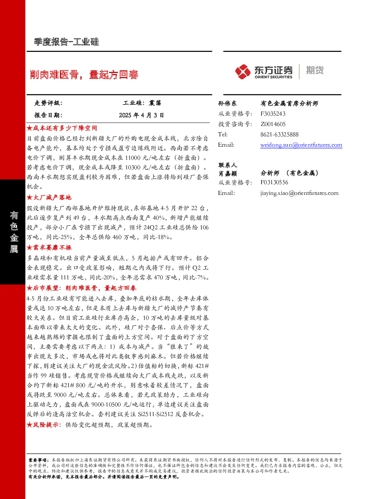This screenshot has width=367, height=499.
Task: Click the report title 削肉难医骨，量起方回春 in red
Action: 84,74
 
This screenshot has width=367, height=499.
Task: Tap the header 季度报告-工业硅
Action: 66,42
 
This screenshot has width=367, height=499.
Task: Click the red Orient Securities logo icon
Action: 243,72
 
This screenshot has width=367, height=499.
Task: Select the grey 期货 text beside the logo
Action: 315,70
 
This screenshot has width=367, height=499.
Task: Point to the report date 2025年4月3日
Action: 141,115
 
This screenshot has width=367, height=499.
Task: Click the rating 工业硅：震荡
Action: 142,103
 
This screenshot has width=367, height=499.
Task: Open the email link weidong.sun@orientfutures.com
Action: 301,145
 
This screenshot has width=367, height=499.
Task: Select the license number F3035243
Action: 273,114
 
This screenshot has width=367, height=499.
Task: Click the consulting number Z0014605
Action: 273,124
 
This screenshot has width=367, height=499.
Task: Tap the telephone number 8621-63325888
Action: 279,134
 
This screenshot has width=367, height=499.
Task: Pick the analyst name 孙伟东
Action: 227,103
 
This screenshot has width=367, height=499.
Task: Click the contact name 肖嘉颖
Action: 227,173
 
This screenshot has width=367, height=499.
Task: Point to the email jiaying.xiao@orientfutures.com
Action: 299,193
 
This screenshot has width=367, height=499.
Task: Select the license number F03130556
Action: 274,182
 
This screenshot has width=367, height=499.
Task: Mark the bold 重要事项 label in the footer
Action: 37,460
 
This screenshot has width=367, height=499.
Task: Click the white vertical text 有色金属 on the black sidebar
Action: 14,232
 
